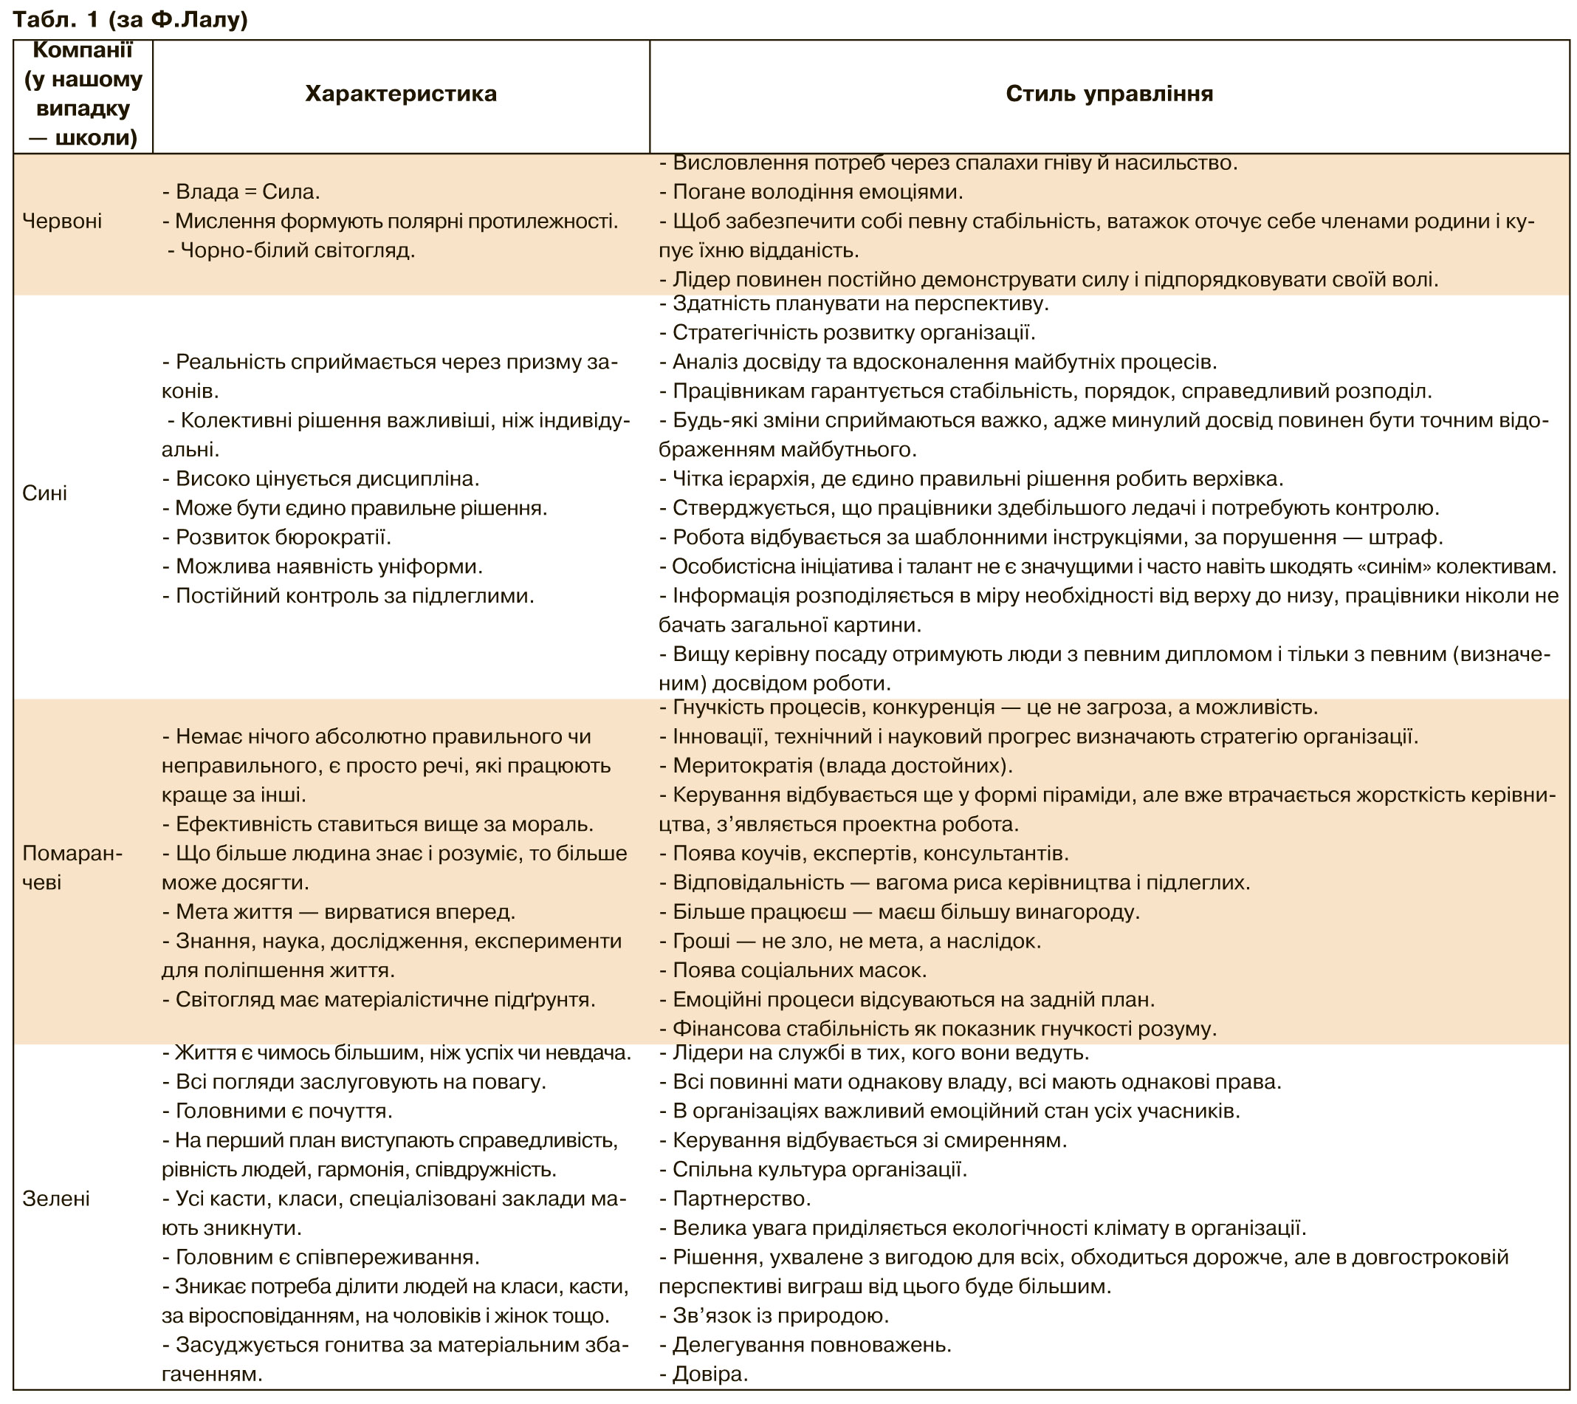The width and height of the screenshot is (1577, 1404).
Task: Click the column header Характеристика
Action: coord(400,94)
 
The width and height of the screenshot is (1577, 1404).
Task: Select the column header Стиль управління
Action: coord(1109,94)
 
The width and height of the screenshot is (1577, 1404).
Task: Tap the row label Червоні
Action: coord(62,222)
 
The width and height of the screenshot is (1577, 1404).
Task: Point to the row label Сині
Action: coord(44,493)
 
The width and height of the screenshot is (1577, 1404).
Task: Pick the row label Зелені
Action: coord(55,1199)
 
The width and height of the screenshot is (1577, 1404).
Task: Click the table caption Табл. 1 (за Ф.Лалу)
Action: coord(131,19)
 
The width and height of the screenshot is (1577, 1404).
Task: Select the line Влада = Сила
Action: coord(241,192)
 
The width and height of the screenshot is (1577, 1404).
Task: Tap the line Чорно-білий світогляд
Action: coord(292,251)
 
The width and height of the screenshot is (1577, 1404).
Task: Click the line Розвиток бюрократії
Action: coord(276,537)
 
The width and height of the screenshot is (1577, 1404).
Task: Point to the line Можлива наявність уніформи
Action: coord(323,566)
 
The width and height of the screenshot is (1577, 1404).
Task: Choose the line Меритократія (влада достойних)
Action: coord(836,766)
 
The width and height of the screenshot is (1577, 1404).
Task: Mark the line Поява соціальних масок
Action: coord(793,970)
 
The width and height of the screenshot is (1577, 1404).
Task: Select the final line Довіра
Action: coord(704,1374)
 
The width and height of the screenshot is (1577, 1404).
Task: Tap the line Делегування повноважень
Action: coord(805,1345)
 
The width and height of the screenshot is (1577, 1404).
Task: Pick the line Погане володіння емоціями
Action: coord(811,192)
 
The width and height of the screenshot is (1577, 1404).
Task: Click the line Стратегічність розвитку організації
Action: coord(847,332)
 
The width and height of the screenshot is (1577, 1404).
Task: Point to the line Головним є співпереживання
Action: coord(321,1256)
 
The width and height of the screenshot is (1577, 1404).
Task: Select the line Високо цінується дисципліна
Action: coord(321,479)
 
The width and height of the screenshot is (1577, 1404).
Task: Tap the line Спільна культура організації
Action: coord(813,1169)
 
